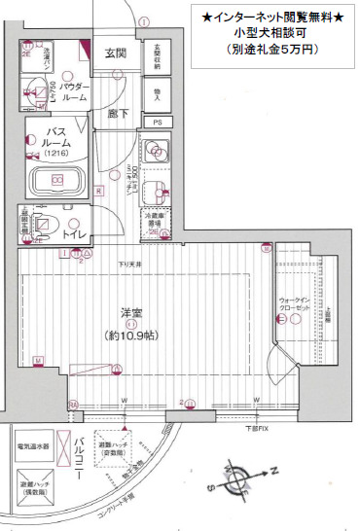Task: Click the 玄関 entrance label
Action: coord(116,53)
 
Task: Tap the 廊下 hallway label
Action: coord(116,113)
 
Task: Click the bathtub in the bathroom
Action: coord(57,181)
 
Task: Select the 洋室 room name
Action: coord(130,312)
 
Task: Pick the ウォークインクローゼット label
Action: coord(295,304)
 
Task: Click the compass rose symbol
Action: coord(242,476)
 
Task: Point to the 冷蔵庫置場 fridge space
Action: coord(156,223)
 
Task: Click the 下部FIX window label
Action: coord(256,427)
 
